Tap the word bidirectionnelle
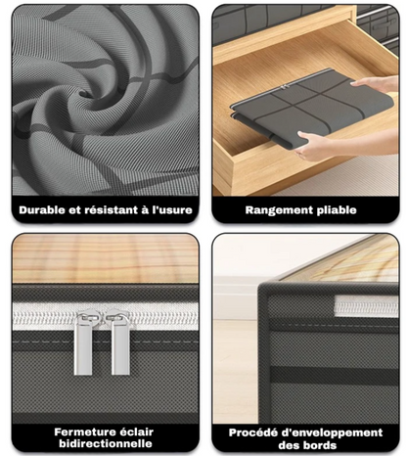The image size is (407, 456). coord(106,443)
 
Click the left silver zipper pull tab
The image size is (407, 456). coord(83,342)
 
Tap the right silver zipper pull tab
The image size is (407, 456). coord(120,342)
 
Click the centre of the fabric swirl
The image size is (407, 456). coord(87,94)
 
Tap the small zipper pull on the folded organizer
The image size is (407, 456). coord(285,87)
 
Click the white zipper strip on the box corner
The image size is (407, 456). coord(366,306)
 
